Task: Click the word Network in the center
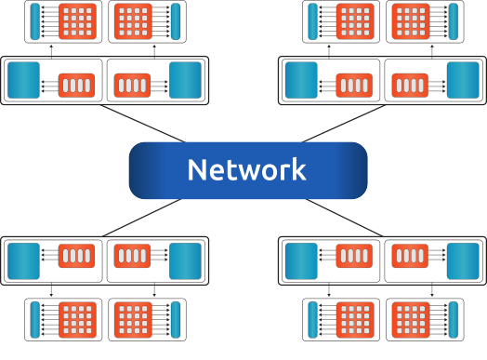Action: point(246,169)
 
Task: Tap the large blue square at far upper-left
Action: point(23,81)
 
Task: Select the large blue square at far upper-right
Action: point(462,81)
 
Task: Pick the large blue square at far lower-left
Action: point(23,261)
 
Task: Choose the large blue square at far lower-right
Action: point(462,261)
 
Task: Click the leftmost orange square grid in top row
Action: point(77,22)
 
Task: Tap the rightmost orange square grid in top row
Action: point(408,22)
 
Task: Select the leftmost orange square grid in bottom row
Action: point(77,321)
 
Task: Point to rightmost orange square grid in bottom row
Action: point(408,321)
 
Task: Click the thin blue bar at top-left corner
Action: point(35,22)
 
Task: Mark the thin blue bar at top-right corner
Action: point(454,22)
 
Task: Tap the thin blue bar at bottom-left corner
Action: point(35,321)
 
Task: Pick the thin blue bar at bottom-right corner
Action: point(454,321)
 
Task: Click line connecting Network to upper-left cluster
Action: point(139,124)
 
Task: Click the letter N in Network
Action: point(196,169)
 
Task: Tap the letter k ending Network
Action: point(297,169)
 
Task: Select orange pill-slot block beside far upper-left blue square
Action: point(77,86)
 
